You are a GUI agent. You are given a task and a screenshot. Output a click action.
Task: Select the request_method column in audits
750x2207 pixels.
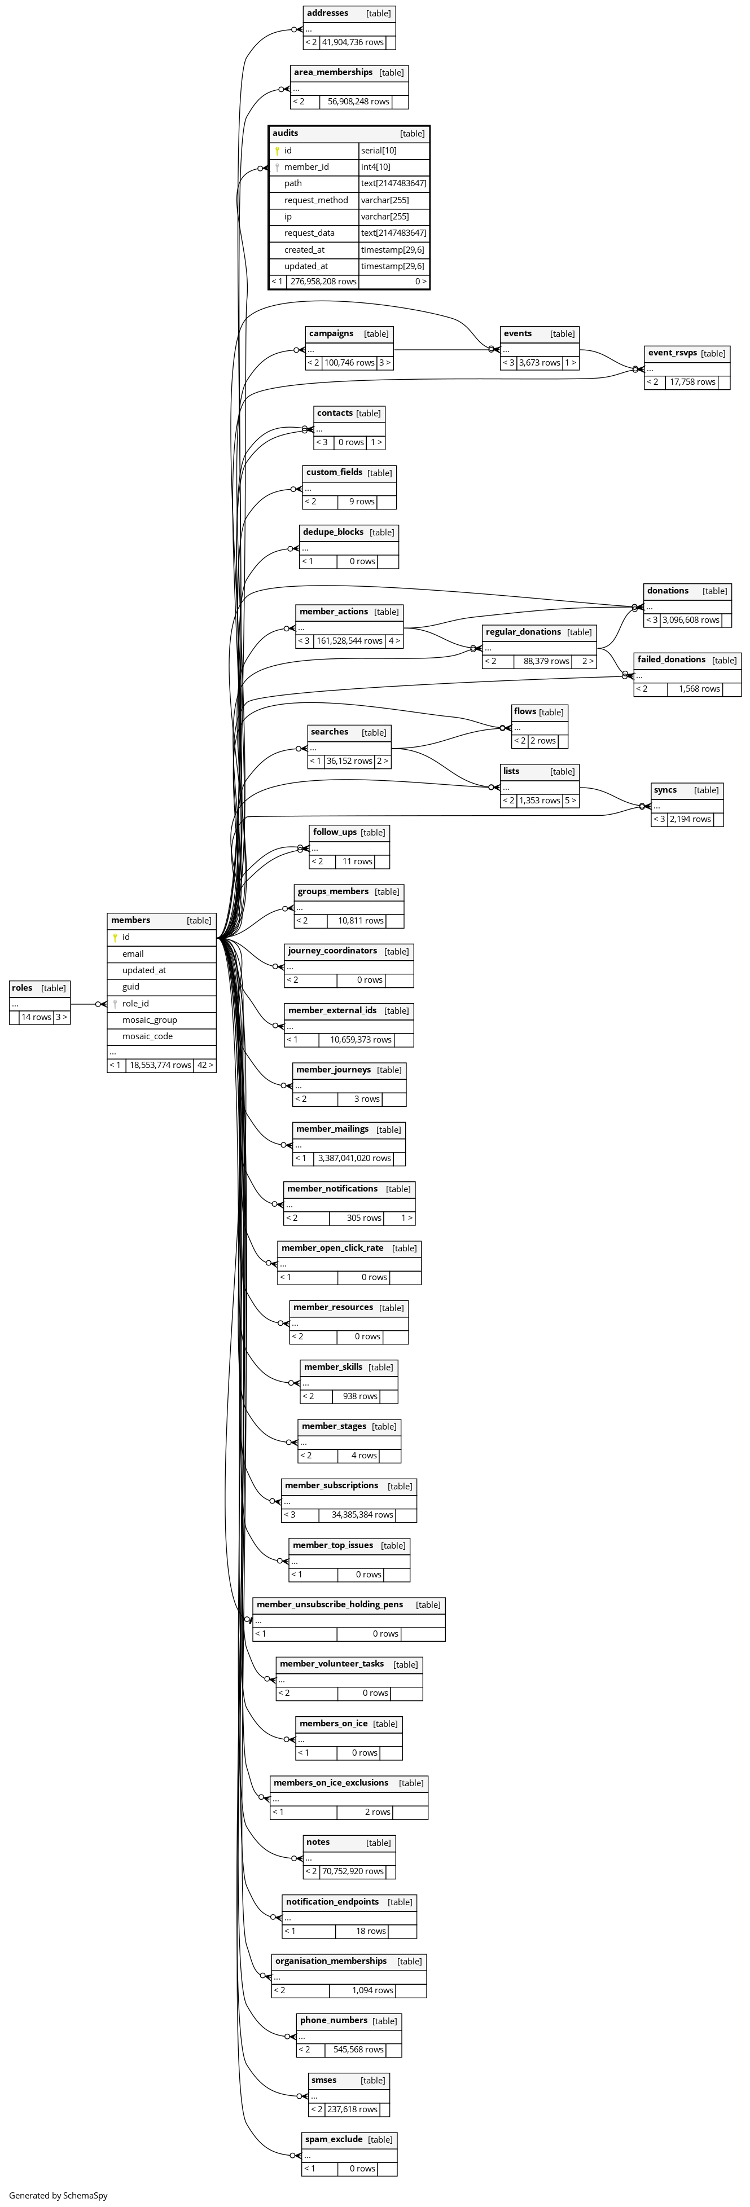click(x=315, y=200)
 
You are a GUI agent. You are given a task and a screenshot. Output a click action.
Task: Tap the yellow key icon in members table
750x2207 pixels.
click(x=115, y=937)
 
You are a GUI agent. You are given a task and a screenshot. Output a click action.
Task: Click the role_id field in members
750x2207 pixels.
click(x=135, y=1003)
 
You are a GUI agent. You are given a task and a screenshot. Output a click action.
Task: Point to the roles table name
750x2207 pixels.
click(x=22, y=988)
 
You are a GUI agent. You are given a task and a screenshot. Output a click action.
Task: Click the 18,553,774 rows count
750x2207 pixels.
click(x=160, y=1065)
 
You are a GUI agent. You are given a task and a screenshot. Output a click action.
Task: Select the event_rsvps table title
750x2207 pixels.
click(x=672, y=353)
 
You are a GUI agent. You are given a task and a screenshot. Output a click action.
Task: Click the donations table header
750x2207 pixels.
click(x=668, y=591)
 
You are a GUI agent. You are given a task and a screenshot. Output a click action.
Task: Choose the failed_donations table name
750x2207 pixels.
click(x=671, y=660)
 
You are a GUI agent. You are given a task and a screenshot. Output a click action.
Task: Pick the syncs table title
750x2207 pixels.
click(x=665, y=790)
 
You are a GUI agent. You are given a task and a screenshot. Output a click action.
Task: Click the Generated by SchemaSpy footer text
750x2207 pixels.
click(x=58, y=2196)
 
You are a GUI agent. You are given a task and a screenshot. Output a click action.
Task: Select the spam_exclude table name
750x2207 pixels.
click(x=334, y=2139)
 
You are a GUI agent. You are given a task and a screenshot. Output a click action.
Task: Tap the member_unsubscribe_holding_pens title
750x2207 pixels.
click(x=329, y=1604)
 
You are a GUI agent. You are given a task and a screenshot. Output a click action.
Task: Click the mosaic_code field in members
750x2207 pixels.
click(x=147, y=1037)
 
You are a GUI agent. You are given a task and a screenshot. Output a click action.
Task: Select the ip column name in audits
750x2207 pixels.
click(x=288, y=217)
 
